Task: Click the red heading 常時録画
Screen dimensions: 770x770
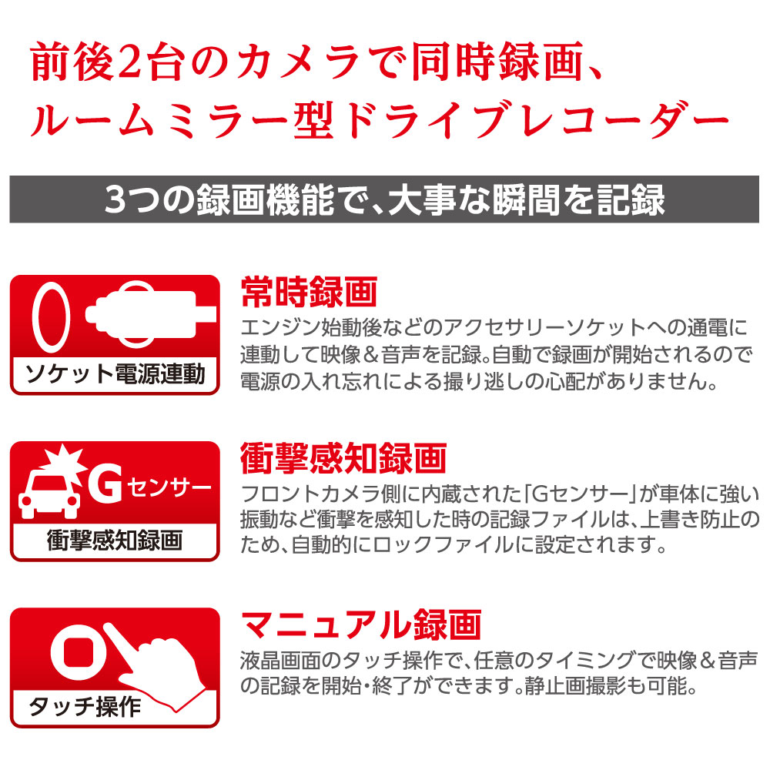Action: (x=309, y=292)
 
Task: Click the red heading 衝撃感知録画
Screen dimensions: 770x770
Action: (x=343, y=458)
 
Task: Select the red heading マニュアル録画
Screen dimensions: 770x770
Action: (x=361, y=624)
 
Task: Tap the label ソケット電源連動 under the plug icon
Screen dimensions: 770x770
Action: (x=115, y=374)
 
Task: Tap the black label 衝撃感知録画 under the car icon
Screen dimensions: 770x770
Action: (x=115, y=541)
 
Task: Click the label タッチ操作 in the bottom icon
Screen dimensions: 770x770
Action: (x=85, y=707)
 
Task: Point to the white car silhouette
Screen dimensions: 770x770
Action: (x=49, y=494)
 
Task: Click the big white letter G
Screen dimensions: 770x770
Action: (x=105, y=484)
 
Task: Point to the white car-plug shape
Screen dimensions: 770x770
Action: (x=147, y=314)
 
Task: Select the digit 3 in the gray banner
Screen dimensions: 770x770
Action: (x=115, y=199)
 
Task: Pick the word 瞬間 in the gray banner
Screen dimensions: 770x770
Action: (x=526, y=199)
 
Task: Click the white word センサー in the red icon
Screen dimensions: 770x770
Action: (x=169, y=487)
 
